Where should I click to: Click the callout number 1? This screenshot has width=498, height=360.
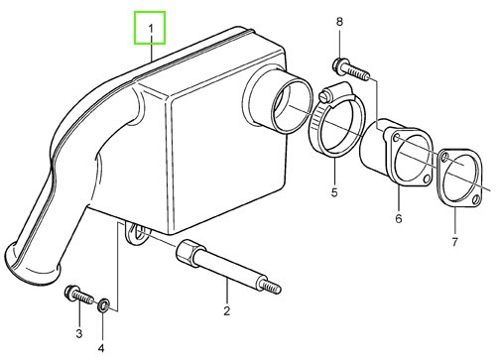[151, 29]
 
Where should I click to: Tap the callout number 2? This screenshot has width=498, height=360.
[226, 311]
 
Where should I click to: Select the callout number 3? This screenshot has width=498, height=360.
[79, 333]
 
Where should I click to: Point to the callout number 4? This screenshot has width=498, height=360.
[101, 348]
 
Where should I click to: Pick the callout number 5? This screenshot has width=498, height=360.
[334, 192]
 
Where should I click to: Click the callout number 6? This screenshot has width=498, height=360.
[399, 218]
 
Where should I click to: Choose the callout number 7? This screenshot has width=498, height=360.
[455, 242]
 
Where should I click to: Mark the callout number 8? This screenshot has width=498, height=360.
[339, 22]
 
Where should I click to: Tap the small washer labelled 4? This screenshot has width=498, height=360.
[103, 305]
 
